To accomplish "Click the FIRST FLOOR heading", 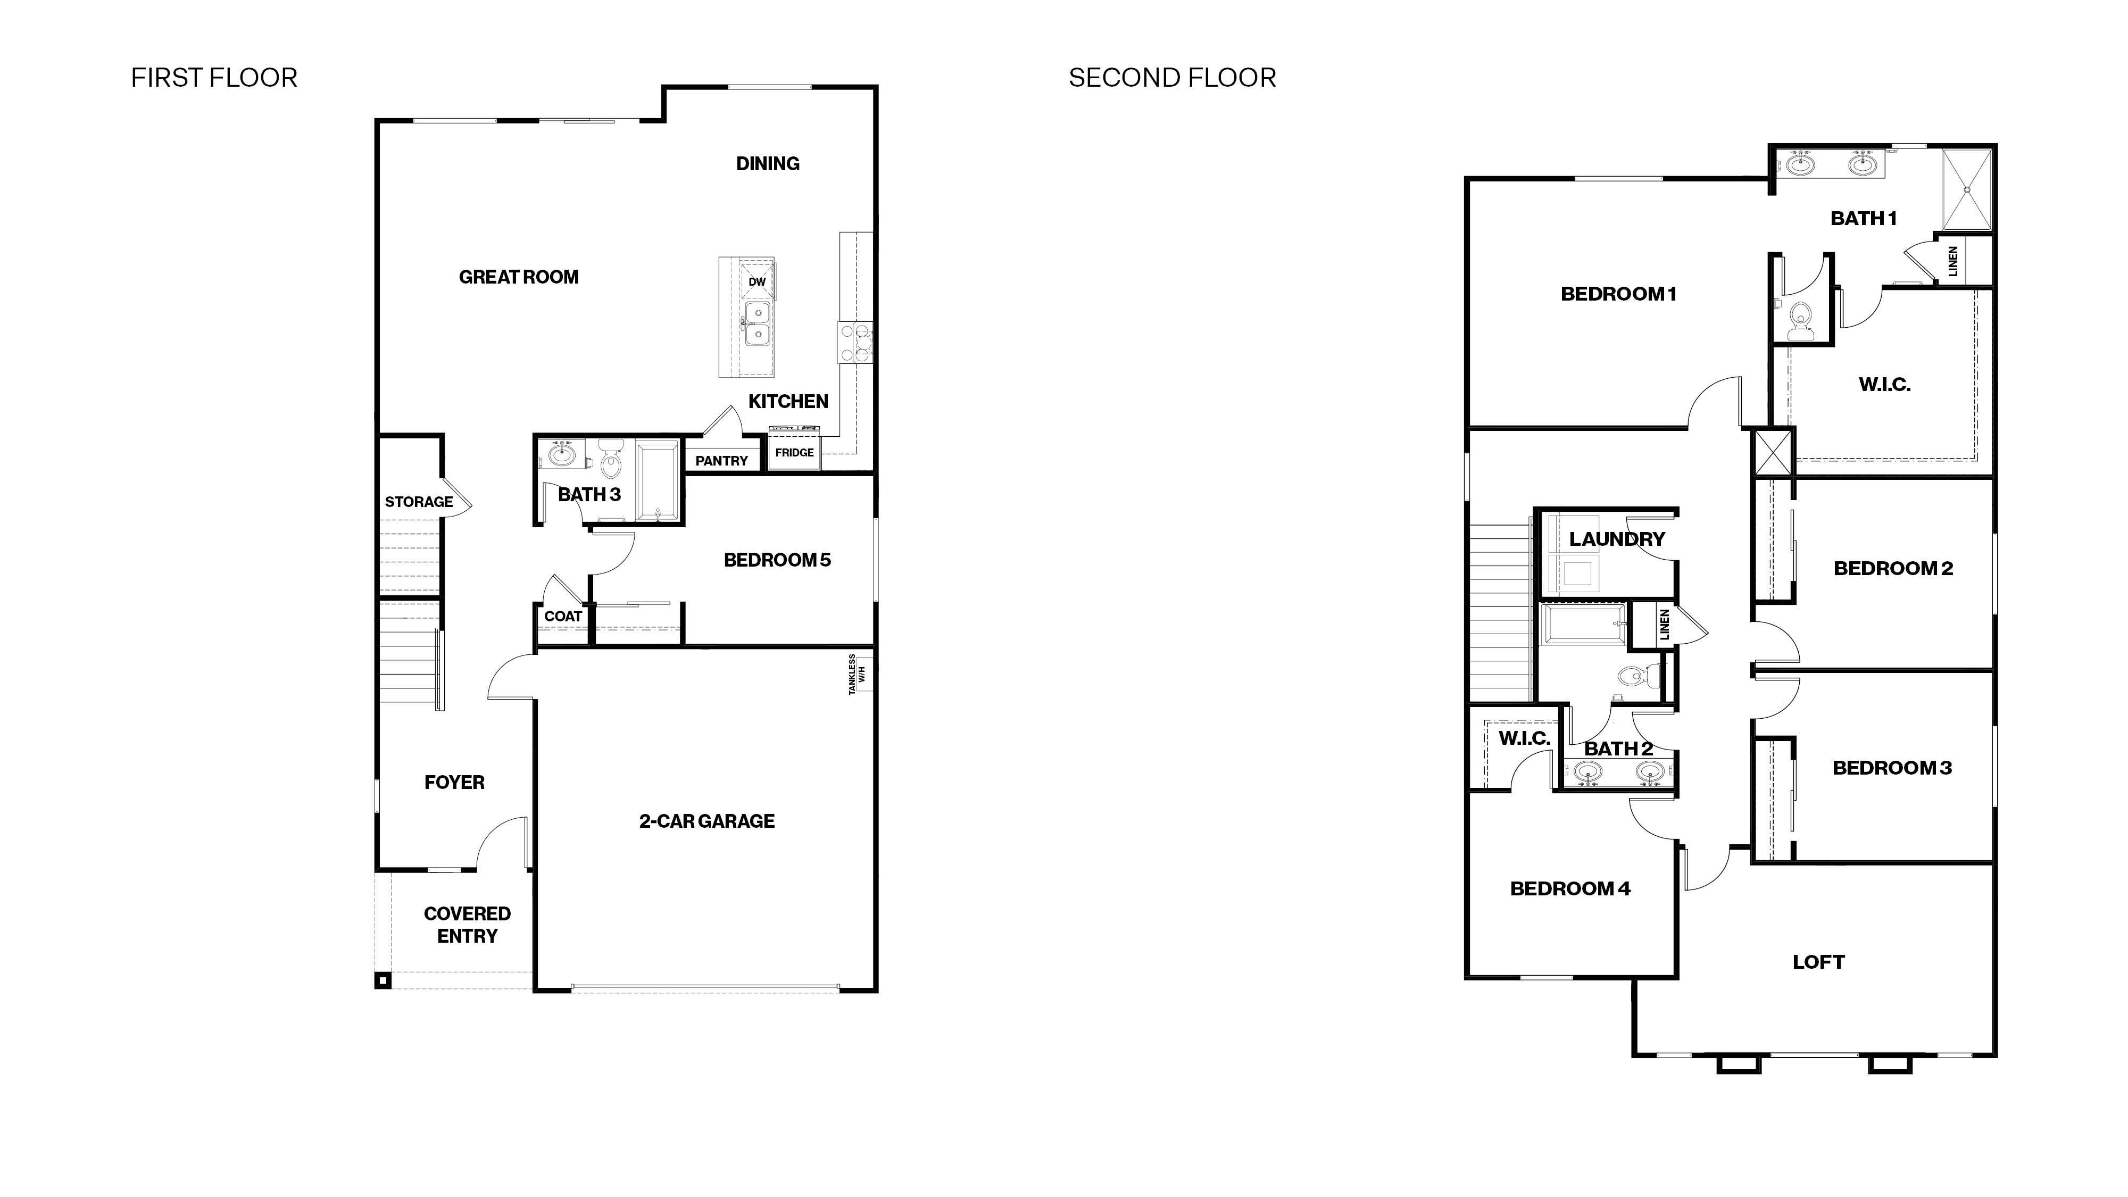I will click(x=214, y=78).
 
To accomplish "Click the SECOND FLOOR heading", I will click(x=1171, y=78).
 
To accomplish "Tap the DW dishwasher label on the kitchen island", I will click(x=757, y=282).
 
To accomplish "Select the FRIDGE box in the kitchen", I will click(x=794, y=453).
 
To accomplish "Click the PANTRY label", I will click(x=721, y=461).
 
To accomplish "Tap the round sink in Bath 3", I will click(x=562, y=453).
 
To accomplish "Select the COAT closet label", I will click(x=562, y=616).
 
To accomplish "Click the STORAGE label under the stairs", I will click(x=419, y=502).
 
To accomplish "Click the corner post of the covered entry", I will click(x=383, y=980).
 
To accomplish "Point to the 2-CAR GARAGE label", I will click(x=706, y=821).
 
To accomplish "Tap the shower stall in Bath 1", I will click(x=1966, y=190).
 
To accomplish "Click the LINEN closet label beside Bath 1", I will click(x=1953, y=261).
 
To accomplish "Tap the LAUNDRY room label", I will click(x=1617, y=539).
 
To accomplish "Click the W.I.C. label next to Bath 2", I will click(x=1524, y=738).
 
